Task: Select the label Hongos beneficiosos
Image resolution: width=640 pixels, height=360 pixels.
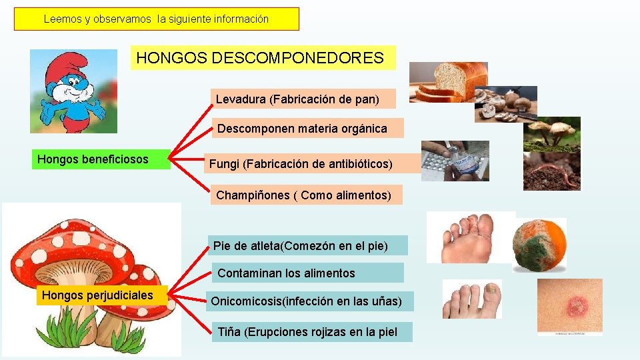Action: pos(101,159)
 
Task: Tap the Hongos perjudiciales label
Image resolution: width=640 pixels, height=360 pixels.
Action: pos(101,295)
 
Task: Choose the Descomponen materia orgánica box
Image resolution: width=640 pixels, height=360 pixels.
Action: pos(307,129)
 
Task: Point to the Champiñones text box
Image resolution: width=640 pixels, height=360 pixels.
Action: pos(308,195)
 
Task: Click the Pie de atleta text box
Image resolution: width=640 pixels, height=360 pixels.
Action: pos(307,246)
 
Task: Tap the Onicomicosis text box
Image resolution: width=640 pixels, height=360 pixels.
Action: pos(308,302)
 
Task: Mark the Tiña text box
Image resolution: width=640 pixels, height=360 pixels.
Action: pos(311,332)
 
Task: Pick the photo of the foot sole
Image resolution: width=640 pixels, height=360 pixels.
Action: pos(469,237)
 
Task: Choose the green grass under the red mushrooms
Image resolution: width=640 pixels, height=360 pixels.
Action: pos(74,331)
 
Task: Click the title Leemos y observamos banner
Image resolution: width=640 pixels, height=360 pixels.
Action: pos(157,19)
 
